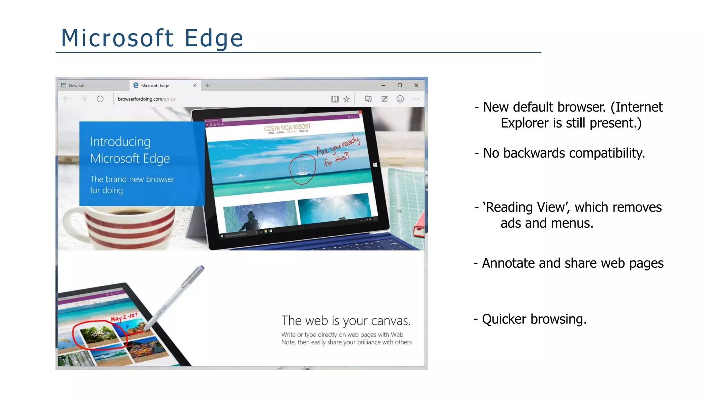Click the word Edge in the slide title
(x=214, y=38)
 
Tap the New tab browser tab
(x=76, y=85)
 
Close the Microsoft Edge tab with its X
(x=195, y=85)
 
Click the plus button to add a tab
(x=207, y=85)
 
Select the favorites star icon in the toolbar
(x=346, y=99)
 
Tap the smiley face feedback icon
(x=400, y=99)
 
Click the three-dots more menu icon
(x=416, y=99)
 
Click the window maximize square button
(x=400, y=85)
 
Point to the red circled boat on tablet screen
(x=302, y=169)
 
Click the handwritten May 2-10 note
(x=124, y=317)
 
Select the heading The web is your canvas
(x=346, y=321)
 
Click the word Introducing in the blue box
(x=120, y=142)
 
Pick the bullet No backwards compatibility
(x=563, y=153)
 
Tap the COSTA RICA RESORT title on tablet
(x=287, y=127)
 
